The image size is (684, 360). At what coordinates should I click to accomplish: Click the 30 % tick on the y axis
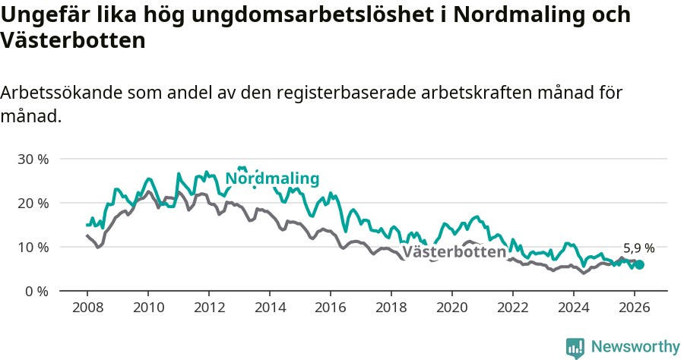[33, 159]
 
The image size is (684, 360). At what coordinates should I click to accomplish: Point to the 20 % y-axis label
[33, 204]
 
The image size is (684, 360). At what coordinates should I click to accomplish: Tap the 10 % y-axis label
[33, 248]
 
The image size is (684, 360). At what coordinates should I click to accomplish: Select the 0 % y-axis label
[36, 292]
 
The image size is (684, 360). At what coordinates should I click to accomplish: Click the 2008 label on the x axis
[87, 308]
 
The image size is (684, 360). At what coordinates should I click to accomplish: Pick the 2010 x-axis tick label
[148, 308]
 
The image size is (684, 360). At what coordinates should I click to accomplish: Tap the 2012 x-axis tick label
[209, 308]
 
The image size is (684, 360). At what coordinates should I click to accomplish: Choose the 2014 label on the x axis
[270, 308]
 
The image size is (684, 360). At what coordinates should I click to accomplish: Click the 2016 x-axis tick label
[331, 308]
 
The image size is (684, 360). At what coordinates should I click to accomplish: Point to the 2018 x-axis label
[391, 308]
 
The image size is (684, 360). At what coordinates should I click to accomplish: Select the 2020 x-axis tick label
[452, 308]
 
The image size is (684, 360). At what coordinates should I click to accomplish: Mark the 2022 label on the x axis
[513, 308]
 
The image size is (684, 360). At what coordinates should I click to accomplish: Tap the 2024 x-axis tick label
[574, 308]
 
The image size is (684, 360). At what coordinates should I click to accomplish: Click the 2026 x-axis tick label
[635, 308]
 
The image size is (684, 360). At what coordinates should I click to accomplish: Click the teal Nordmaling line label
[273, 179]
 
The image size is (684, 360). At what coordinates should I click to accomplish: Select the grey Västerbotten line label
[454, 253]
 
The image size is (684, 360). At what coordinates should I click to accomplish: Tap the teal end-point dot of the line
[639, 264]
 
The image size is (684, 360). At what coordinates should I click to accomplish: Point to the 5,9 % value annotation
[638, 248]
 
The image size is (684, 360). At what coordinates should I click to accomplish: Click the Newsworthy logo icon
[575, 348]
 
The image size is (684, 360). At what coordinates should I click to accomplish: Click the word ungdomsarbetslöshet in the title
[289, 14]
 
